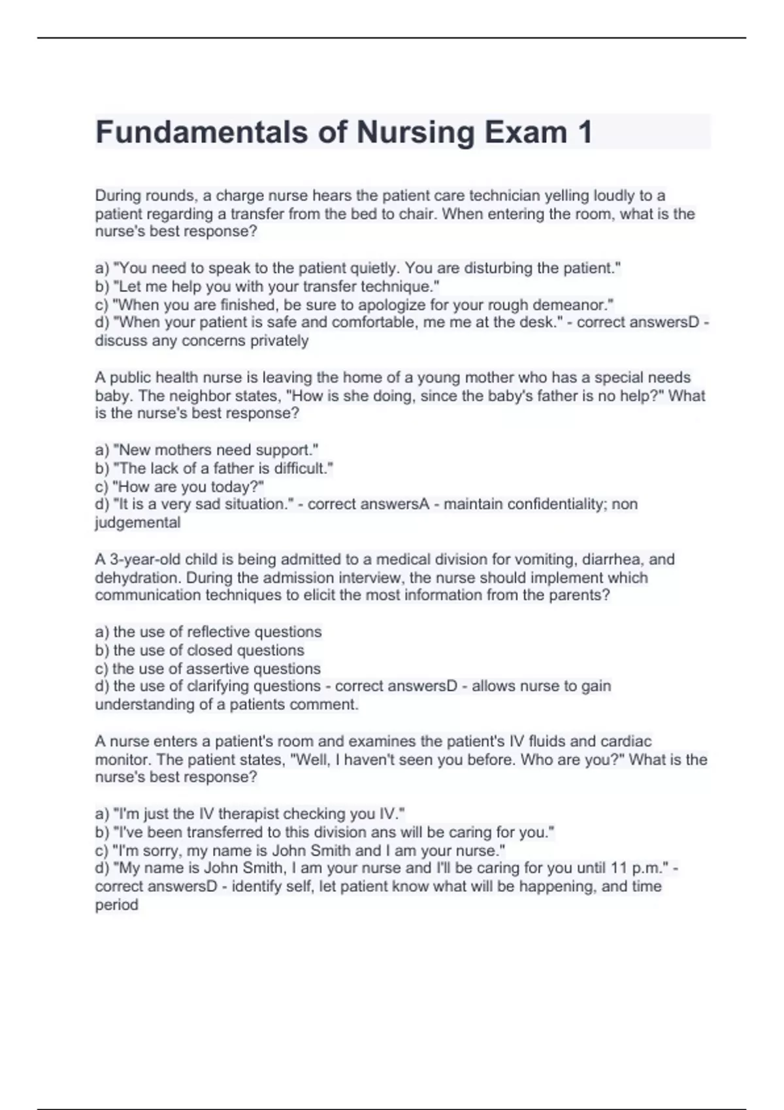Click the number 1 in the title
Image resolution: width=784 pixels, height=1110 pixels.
[x=584, y=133]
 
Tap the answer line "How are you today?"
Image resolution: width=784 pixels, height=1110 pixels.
[x=188, y=486]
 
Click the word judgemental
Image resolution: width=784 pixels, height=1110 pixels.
[x=138, y=522]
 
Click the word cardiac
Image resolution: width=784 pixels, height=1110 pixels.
[x=625, y=742]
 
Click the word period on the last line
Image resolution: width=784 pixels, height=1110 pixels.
[x=116, y=905]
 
